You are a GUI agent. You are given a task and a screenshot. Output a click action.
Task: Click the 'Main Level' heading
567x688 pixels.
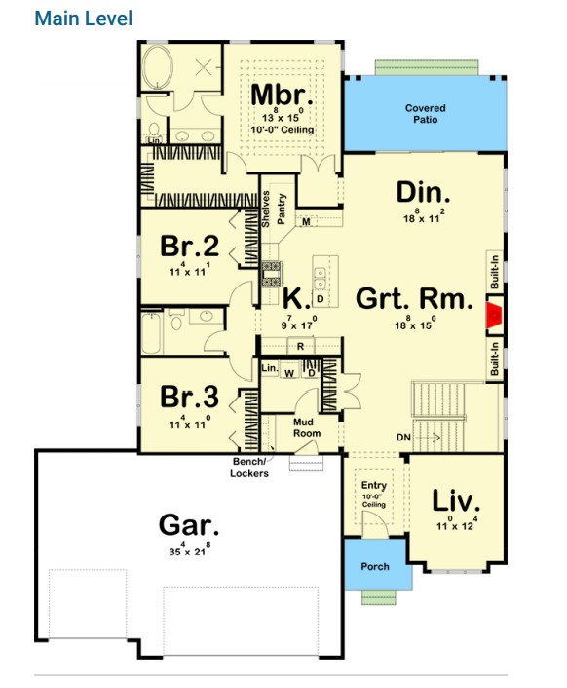[x=83, y=19]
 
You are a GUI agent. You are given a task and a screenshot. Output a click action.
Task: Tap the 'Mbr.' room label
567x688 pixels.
[x=283, y=96]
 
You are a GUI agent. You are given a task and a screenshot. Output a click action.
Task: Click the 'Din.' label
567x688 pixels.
[x=422, y=190]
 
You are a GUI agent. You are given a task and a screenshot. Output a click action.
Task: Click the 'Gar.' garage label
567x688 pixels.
[x=189, y=526]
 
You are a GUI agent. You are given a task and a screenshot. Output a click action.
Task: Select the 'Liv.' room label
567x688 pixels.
[x=456, y=502]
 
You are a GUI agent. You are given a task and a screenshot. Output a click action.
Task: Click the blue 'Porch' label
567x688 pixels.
[x=375, y=566]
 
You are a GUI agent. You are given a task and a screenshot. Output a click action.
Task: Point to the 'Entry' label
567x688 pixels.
[x=374, y=485]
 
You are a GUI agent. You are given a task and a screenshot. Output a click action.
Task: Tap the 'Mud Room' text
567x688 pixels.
[x=309, y=427]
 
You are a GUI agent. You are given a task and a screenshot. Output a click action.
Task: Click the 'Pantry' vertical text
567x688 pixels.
[x=281, y=209]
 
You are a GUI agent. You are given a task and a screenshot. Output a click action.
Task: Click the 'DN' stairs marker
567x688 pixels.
[x=402, y=438]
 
